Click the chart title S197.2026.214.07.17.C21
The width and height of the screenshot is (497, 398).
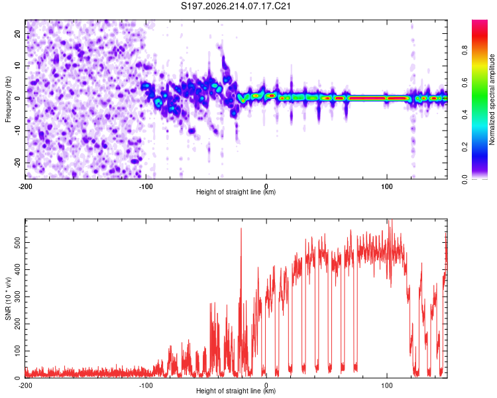[235, 6]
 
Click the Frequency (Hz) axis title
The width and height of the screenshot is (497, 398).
[8, 99]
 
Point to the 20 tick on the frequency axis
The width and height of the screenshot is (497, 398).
[18, 33]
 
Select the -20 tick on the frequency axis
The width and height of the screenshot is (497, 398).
[18, 163]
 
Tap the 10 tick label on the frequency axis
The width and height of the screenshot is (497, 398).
[18, 66]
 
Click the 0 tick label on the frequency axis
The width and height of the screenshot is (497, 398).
[18, 98]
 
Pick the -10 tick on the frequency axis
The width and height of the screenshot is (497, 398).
[18, 131]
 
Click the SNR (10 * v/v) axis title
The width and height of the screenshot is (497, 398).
[8, 298]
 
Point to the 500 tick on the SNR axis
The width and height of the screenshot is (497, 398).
[18, 243]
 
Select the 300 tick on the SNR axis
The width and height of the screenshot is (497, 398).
[18, 297]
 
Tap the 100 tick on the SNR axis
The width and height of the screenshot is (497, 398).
[18, 351]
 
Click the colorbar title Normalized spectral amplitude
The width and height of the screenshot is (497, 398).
[492, 99]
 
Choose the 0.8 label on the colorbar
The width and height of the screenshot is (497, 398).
[465, 50]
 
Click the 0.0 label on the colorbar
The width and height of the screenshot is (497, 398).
[465, 179]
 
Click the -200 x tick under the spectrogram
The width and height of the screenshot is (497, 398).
[25, 186]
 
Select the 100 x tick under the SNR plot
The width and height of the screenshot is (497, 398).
[387, 385]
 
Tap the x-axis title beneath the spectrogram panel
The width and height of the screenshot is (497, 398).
[236, 192]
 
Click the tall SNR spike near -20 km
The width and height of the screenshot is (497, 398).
[241, 302]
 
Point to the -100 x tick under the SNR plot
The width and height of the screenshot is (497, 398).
[146, 385]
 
